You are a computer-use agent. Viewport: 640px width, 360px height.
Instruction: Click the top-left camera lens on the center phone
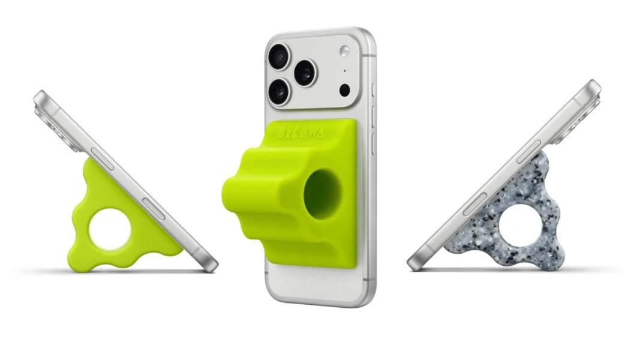[x=279, y=56]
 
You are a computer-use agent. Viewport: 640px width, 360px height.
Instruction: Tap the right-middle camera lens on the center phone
[x=305, y=73]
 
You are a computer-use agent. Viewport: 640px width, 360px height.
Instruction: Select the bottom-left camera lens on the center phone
[x=279, y=91]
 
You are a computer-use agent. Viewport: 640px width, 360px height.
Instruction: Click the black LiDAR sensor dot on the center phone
[x=344, y=90]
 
